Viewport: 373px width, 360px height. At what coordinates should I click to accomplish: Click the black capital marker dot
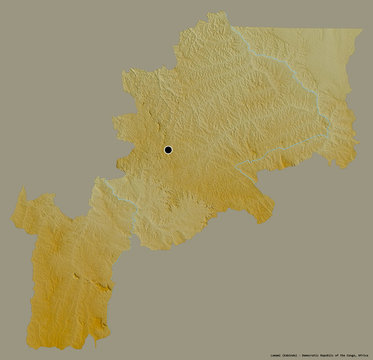coord(168,150)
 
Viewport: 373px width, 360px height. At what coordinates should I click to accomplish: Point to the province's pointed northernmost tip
coord(213,14)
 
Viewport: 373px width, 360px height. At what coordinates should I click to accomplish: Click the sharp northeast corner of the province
coord(360,29)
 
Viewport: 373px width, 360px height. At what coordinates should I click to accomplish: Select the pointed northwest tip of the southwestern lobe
coord(21,191)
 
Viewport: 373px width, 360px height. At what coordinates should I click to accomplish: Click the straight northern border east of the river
coord(300,28)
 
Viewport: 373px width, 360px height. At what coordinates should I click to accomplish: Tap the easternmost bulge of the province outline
coord(356,125)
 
